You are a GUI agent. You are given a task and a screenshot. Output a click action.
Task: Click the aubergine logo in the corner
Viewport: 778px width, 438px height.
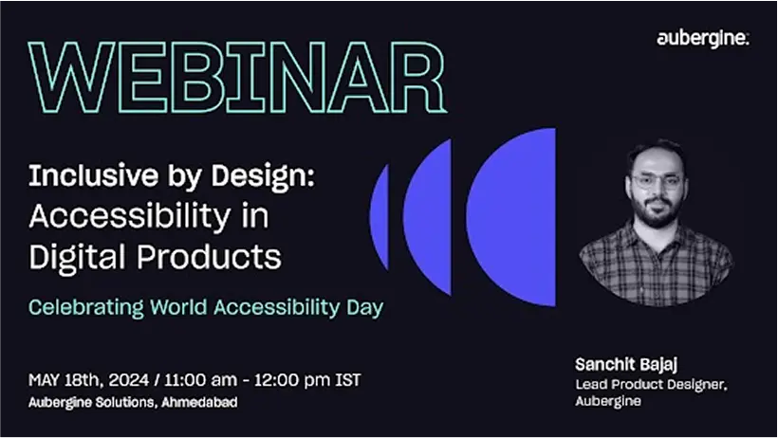tap(703, 39)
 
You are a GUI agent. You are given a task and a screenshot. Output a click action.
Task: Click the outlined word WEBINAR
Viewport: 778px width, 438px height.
tap(237, 78)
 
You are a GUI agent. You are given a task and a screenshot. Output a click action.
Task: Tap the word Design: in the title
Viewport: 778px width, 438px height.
tap(263, 176)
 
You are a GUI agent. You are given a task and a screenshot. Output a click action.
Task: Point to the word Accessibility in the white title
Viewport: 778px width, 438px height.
tap(130, 217)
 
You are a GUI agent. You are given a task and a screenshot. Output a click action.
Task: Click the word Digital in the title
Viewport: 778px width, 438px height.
tap(77, 258)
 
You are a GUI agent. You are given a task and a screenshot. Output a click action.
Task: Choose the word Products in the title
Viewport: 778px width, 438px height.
tap(209, 257)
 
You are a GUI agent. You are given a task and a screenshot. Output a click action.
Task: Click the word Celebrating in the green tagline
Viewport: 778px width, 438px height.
tap(85, 307)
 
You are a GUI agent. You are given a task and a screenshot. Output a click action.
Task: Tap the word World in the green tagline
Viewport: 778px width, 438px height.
tap(178, 307)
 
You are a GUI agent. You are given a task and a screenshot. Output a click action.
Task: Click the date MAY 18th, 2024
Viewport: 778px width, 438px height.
tap(88, 380)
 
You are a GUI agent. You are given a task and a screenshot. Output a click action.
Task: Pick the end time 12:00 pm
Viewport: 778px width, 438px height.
tap(292, 380)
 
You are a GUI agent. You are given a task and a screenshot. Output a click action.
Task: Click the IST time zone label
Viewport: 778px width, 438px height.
tap(348, 380)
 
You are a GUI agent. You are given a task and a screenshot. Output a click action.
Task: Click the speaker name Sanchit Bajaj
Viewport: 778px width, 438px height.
tap(626, 365)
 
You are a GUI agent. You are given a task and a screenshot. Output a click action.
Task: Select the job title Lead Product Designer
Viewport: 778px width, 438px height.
tap(651, 384)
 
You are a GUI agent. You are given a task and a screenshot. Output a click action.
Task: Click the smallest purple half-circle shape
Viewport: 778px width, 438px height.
tap(380, 217)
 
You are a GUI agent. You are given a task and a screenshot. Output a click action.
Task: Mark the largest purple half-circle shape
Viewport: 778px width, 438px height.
tap(512, 217)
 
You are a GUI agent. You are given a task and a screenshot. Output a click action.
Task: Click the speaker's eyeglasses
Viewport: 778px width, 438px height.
tap(657, 181)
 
